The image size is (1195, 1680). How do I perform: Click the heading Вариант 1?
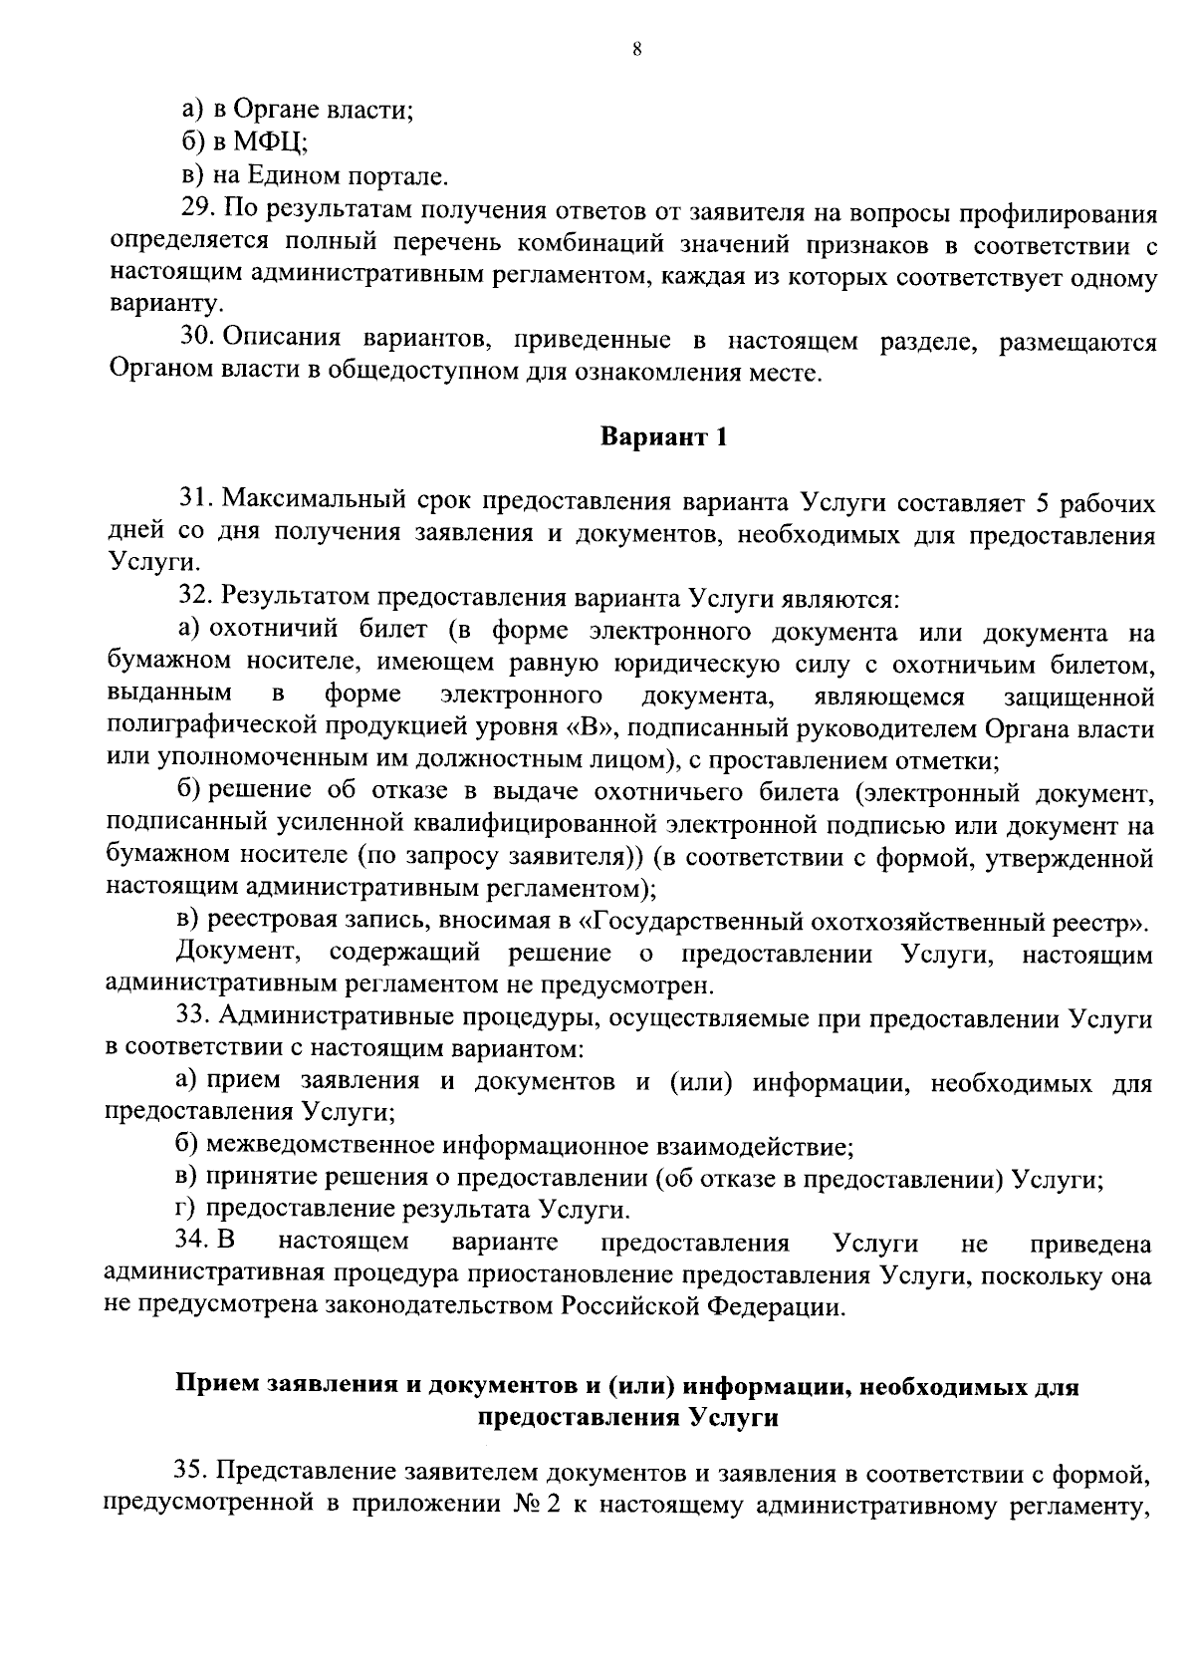click(663, 437)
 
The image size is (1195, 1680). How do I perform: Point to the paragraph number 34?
click(189, 1243)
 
